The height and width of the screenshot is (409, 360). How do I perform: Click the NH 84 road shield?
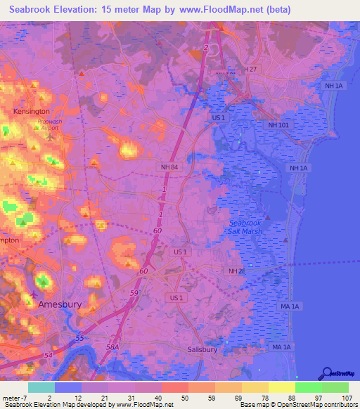(x=167, y=166)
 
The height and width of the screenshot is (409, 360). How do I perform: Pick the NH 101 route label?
(x=278, y=124)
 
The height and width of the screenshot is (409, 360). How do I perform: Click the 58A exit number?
(x=112, y=346)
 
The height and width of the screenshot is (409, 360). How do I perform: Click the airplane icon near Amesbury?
(x=35, y=294)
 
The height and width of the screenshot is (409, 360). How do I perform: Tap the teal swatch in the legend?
(x=41, y=387)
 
